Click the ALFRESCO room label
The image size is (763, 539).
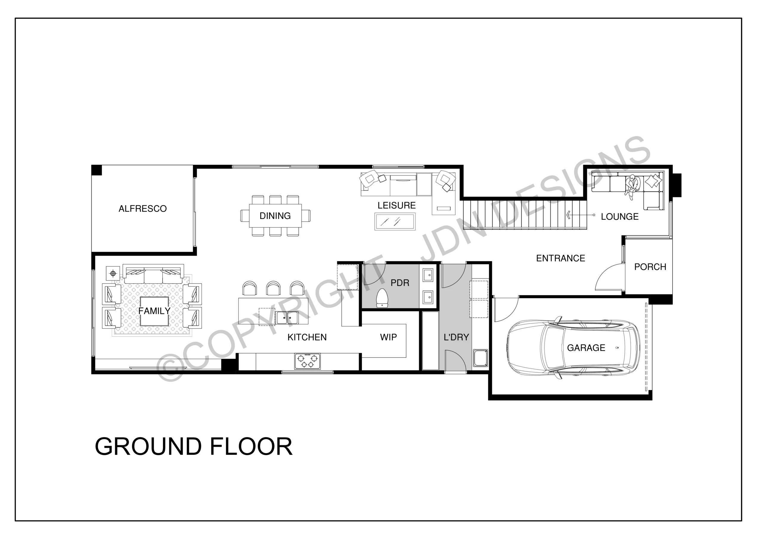coord(142,209)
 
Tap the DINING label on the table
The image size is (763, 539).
coord(275,216)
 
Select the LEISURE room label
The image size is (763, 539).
coord(396,205)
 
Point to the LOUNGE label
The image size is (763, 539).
coord(620,217)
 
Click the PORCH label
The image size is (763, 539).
coord(650,267)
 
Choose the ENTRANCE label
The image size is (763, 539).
coord(561,258)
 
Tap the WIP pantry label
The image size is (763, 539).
coord(388,337)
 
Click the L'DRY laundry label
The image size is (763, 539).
coord(456,337)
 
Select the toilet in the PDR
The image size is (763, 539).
coord(382,298)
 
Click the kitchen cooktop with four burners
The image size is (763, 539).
coord(307,361)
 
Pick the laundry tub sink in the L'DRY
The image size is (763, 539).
coord(480,358)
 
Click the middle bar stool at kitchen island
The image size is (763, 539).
coord(273,288)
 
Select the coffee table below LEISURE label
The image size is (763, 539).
coord(395,221)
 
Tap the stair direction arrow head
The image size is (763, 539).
coord(569,215)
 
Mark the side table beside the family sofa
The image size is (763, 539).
coord(113,274)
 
